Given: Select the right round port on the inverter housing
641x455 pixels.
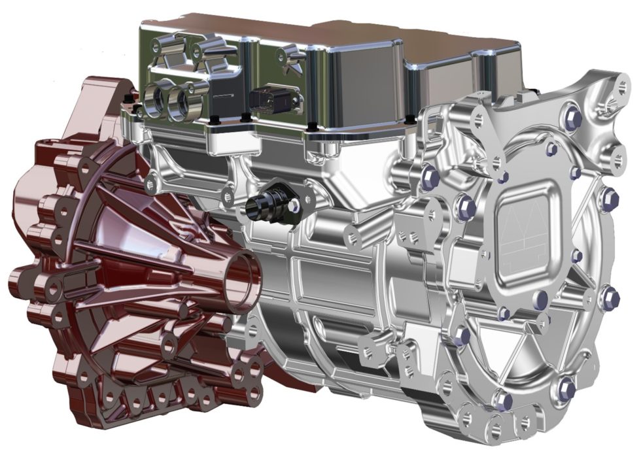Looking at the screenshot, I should [x=179, y=102].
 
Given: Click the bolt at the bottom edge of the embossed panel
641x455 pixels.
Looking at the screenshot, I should [x=540, y=299].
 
